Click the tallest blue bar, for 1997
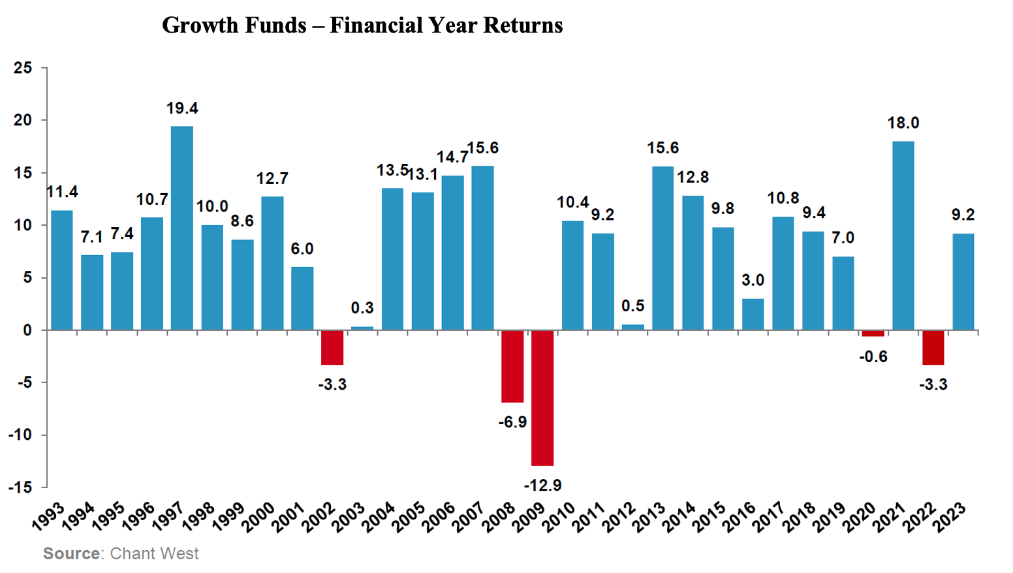point(182,228)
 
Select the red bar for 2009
point(542,397)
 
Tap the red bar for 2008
point(512,366)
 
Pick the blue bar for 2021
point(903,236)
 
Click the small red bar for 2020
point(873,333)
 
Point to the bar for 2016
point(753,314)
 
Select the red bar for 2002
point(332,347)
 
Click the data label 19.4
point(182,108)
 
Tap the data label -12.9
point(542,485)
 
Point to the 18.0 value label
point(903,123)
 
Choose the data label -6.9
point(512,422)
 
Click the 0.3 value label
point(362,308)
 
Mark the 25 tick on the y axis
point(23,68)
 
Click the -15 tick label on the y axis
point(20,487)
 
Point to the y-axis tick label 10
point(23,225)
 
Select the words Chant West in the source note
point(154,553)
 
